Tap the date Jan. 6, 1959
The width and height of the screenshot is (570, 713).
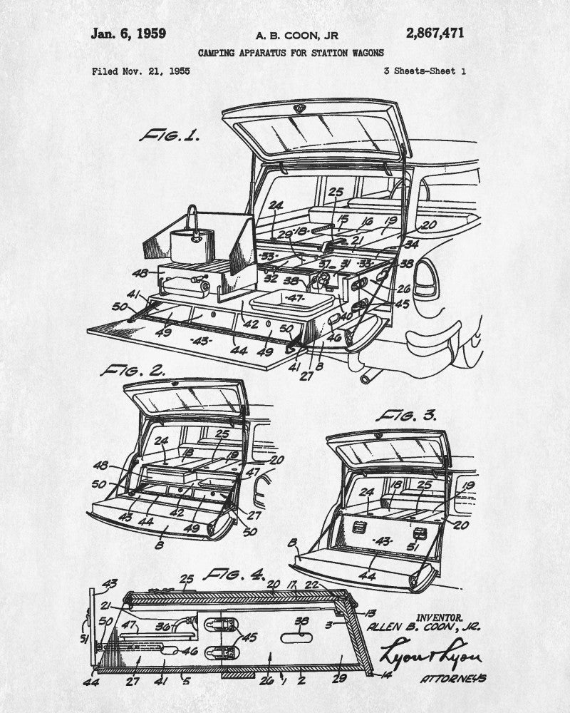pos(128,33)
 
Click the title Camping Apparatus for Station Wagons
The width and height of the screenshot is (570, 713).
pos(290,53)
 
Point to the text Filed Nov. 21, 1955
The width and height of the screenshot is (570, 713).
pos(141,71)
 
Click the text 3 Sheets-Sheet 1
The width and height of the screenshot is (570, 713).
pos(425,71)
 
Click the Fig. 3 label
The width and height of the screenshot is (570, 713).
pos(406,415)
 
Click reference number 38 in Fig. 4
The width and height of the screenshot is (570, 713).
pos(302,620)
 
